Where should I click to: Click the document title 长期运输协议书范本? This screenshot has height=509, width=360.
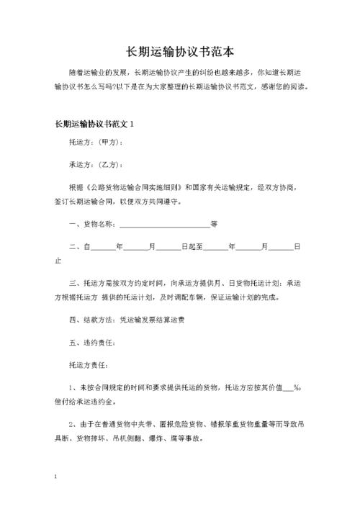[179, 52]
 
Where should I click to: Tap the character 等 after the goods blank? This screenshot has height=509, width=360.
[214, 224]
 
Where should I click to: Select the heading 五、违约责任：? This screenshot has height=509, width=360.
[91, 342]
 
